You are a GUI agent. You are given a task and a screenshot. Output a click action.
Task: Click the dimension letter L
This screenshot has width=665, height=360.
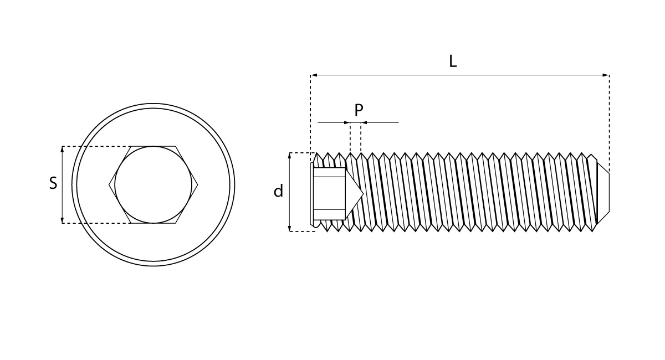453,61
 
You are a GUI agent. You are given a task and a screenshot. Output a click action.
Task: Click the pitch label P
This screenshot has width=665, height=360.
359,110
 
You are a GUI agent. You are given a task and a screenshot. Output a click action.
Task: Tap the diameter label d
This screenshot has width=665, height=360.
278,191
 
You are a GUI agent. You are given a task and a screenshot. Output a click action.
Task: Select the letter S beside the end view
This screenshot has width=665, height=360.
53,183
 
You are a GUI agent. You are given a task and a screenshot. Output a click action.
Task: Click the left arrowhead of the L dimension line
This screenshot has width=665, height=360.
314,75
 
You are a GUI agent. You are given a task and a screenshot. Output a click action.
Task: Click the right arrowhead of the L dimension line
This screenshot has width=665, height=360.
606,75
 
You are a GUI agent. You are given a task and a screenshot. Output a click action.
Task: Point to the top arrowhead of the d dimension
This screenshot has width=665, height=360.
290,156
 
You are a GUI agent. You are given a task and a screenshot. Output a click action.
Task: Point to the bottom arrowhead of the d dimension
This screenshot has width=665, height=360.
290,228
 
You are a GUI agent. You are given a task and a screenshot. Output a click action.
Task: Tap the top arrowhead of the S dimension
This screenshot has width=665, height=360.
62,150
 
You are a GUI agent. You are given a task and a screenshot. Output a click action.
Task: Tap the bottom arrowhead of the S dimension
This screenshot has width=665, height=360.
62,220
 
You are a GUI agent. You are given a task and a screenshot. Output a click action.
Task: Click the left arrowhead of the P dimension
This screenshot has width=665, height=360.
347,122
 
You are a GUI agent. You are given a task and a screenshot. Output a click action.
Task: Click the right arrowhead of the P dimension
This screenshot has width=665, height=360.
364,122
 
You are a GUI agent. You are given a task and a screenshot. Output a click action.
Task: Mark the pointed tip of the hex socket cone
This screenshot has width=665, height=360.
363,193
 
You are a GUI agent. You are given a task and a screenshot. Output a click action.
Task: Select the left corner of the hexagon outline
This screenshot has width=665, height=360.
109,184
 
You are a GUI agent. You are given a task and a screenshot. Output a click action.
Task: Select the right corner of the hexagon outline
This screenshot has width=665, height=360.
198,184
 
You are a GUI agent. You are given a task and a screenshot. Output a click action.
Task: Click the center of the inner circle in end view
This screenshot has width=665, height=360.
153,184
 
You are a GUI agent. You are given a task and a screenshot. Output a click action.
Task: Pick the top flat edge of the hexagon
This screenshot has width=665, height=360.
153,146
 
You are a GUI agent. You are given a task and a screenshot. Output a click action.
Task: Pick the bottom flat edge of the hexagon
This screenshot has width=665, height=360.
153,223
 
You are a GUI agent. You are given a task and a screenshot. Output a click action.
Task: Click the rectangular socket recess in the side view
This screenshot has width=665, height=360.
329,193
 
